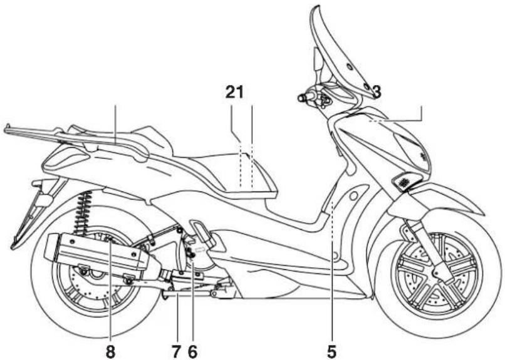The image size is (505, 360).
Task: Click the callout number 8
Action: point(110,352)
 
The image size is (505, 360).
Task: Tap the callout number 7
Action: point(176,352)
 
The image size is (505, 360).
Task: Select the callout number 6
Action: point(192,352)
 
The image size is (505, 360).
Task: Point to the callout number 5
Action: point(331,352)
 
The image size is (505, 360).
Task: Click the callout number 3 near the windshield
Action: point(377,91)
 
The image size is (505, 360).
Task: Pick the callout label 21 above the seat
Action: point(234,92)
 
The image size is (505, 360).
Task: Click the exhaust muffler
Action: point(100,252)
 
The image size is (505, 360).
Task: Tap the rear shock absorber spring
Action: point(83,212)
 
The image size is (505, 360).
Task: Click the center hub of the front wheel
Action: point(438,274)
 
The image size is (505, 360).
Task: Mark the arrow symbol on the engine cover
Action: point(200,249)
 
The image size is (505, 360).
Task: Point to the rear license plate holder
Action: point(31,215)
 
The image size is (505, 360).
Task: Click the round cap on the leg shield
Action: point(353,195)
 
